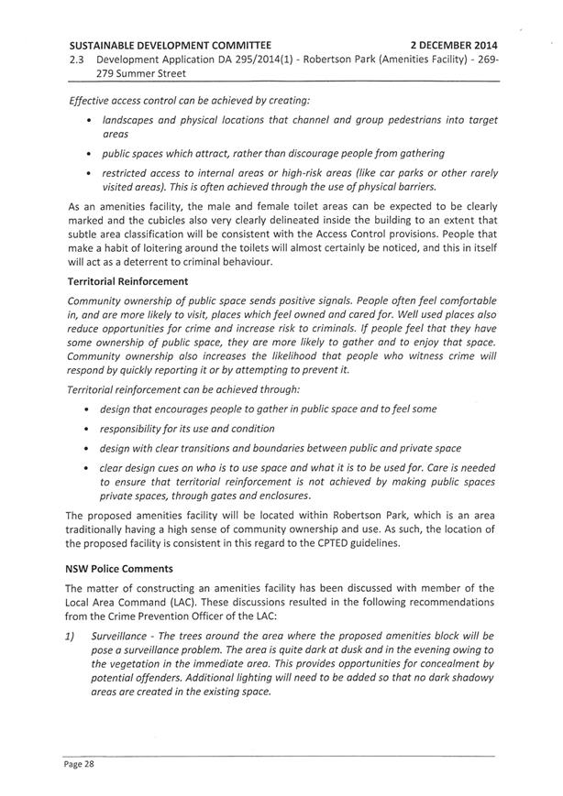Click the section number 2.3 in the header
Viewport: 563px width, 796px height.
(x=78, y=58)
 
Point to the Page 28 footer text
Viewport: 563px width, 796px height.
(x=79, y=762)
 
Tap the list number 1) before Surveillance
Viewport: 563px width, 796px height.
(x=75, y=635)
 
